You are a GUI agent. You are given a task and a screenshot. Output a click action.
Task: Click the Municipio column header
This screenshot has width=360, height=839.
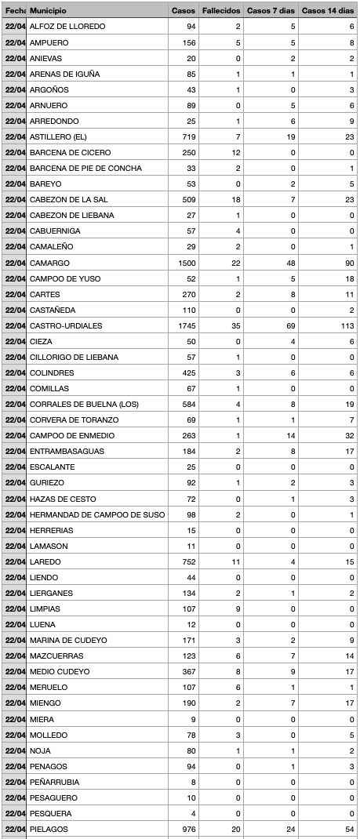48,10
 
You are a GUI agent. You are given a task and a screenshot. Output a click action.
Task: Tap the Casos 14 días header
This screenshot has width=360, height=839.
328,10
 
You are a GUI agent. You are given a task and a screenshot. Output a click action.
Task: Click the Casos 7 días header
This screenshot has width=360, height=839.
271,10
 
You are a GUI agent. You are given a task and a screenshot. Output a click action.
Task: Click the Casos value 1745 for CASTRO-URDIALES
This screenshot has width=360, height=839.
186,325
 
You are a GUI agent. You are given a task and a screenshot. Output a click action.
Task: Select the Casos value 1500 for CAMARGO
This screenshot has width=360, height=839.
186,263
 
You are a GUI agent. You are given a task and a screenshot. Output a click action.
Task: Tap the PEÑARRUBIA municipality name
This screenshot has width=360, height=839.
55,782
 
